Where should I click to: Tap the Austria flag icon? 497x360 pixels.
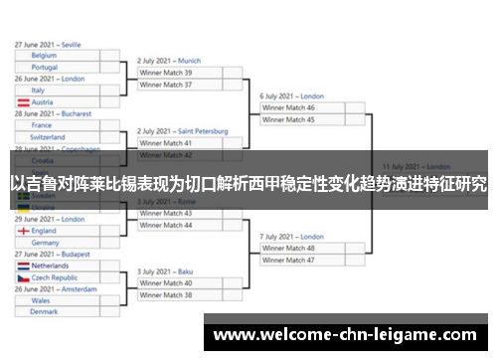pos(22,102)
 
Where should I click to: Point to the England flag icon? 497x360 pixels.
pos(22,231)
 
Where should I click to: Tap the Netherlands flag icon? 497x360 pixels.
pos(22,266)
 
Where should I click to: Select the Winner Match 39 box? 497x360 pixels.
pos(179,73)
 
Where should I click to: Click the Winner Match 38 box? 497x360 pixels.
pos(179,294)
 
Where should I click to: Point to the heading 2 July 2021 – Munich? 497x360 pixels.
pos(169,61)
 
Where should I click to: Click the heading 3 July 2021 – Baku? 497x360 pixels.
pos(166,270)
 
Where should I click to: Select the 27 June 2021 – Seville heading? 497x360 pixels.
pos(48,45)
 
